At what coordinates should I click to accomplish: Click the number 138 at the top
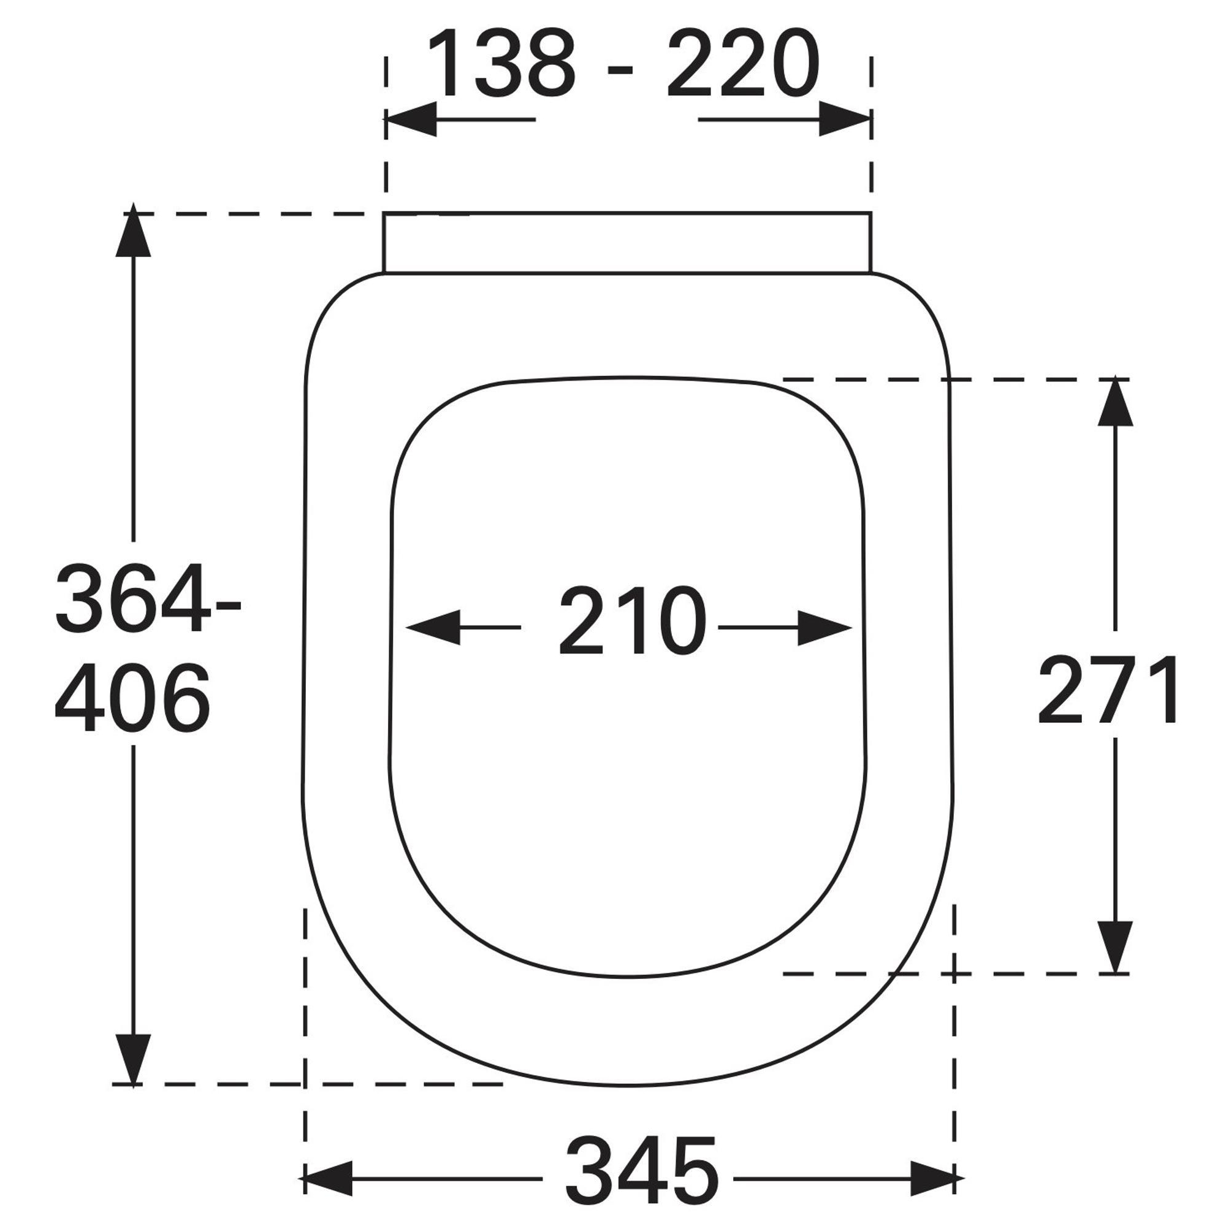501,64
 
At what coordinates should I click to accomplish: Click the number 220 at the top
743,64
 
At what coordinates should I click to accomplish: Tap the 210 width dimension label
633,620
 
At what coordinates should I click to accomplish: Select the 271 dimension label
1108,690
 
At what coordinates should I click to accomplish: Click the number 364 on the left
132,598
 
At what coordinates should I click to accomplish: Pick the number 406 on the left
132,697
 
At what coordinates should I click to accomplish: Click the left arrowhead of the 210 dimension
433,628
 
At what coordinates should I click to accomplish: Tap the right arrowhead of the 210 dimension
824,628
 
